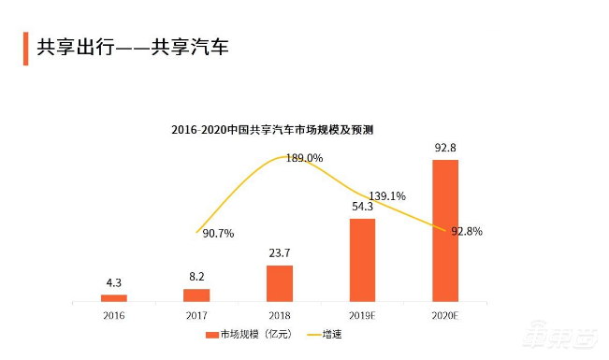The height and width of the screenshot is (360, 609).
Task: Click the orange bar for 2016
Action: pos(114,297)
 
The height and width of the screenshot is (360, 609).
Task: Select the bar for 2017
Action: pos(196,295)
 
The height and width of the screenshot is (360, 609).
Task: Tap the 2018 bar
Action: pos(280,283)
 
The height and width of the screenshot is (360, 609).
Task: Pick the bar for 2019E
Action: pos(362,260)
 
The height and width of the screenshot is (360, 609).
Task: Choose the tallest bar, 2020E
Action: pos(445,230)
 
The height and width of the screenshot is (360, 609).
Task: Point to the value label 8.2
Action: pos(196,277)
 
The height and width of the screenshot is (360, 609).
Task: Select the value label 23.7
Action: pos(280,254)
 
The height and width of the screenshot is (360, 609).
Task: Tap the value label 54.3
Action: pos(362,208)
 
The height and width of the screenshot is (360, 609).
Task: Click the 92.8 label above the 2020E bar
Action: pos(445,148)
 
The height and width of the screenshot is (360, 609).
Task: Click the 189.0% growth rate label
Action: pos(304,159)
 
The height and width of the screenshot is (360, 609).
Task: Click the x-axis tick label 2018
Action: pos(280,315)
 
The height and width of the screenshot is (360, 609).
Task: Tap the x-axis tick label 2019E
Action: pos(362,315)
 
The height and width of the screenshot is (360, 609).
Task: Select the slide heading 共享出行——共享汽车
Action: pos(131,46)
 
